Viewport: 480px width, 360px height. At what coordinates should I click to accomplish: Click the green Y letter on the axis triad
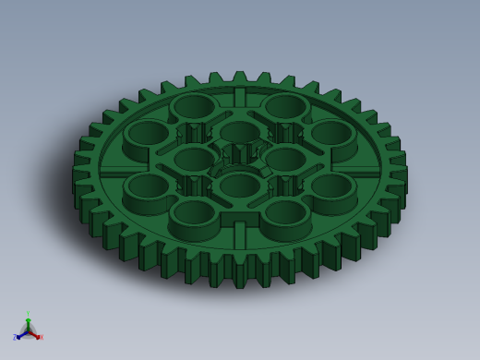pos(28,314)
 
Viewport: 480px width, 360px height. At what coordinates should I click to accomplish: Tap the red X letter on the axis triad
pos(41,337)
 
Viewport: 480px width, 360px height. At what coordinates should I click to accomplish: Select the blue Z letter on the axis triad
pos(15,338)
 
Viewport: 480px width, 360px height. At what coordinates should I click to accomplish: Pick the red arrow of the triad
pos(35,334)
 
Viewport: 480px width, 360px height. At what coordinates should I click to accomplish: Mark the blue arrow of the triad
pos(20,335)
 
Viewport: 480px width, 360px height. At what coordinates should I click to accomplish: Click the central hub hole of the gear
pos(240,154)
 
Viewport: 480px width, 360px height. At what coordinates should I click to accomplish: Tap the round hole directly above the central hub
pos(239,131)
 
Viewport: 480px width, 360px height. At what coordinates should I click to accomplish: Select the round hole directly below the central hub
pos(239,185)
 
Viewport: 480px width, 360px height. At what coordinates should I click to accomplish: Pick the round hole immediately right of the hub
pos(285,158)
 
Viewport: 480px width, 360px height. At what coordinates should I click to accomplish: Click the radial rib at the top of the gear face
pos(239,97)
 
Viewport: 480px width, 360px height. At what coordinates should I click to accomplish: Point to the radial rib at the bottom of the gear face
pos(239,234)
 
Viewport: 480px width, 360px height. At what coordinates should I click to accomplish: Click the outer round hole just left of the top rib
pos(193,105)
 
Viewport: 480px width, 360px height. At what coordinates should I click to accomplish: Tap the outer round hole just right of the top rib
pos(285,105)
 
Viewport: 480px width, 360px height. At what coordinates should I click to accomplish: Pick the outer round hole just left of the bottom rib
pos(193,212)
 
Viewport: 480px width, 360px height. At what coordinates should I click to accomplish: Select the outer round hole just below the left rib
pos(148,186)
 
